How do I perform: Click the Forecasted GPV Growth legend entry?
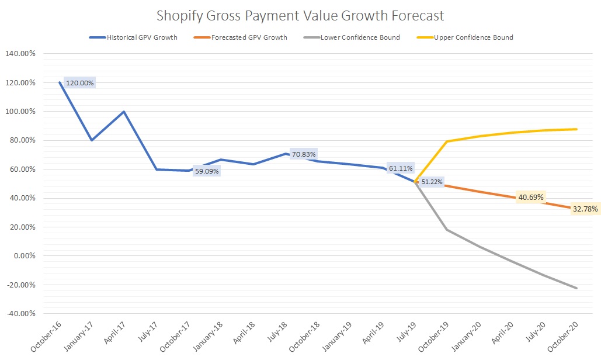252,37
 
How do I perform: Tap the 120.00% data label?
80,83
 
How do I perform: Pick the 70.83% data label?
304,155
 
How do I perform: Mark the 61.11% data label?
401,168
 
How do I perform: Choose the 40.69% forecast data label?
530,198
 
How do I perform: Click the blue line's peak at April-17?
124,112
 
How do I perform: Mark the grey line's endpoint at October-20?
577,288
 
